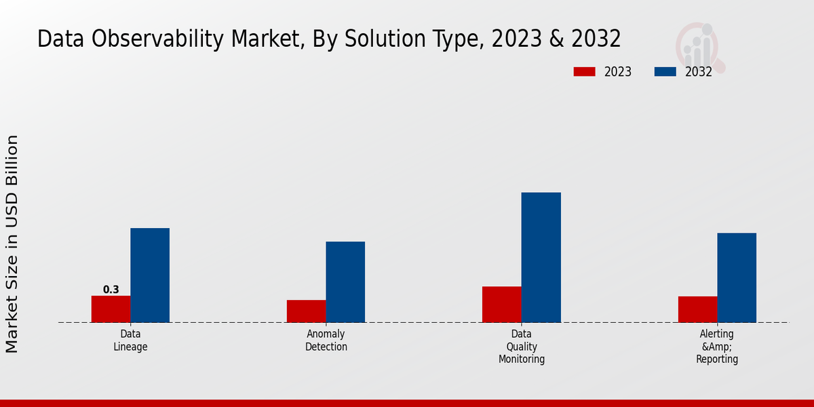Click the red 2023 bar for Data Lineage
tap(111, 309)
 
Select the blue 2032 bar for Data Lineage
tap(150, 275)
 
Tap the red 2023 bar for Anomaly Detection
tap(306, 311)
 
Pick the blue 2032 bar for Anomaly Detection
tap(345, 282)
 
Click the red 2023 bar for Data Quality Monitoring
tap(502, 304)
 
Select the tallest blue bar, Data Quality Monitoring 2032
tap(541, 257)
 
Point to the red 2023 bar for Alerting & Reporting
tap(697, 309)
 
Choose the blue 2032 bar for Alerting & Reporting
tap(737, 277)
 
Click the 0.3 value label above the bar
tap(111, 290)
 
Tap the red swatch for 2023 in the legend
tap(584, 72)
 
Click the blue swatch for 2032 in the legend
tap(665, 72)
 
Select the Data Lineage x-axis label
tap(130, 341)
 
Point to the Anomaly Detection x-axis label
tap(326, 341)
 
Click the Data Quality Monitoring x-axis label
tap(522, 347)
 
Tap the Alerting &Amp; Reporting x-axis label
tap(717, 347)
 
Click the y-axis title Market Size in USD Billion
tap(12, 244)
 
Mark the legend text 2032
tap(699, 72)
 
